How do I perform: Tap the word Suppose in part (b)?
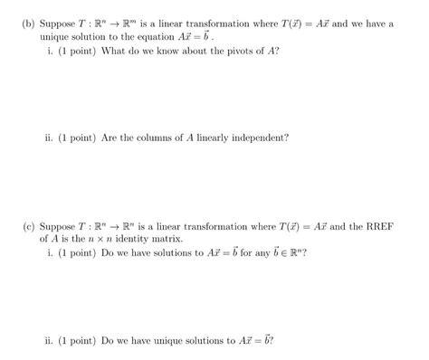(58, 24)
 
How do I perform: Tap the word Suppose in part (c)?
(58, 225)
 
